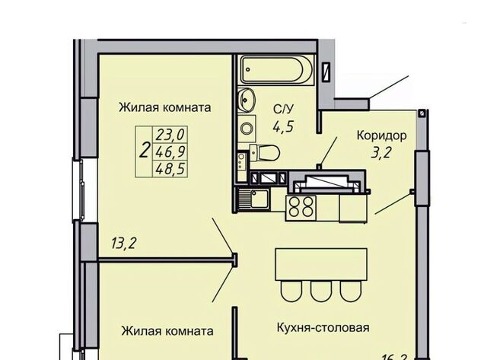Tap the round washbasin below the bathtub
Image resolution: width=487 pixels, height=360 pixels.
click(247, 99)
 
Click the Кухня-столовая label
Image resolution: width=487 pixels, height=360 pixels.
click(323, 328)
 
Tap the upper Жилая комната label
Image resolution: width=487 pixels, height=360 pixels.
click(164, 107)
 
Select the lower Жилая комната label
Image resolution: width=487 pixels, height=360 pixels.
click(167, 331)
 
